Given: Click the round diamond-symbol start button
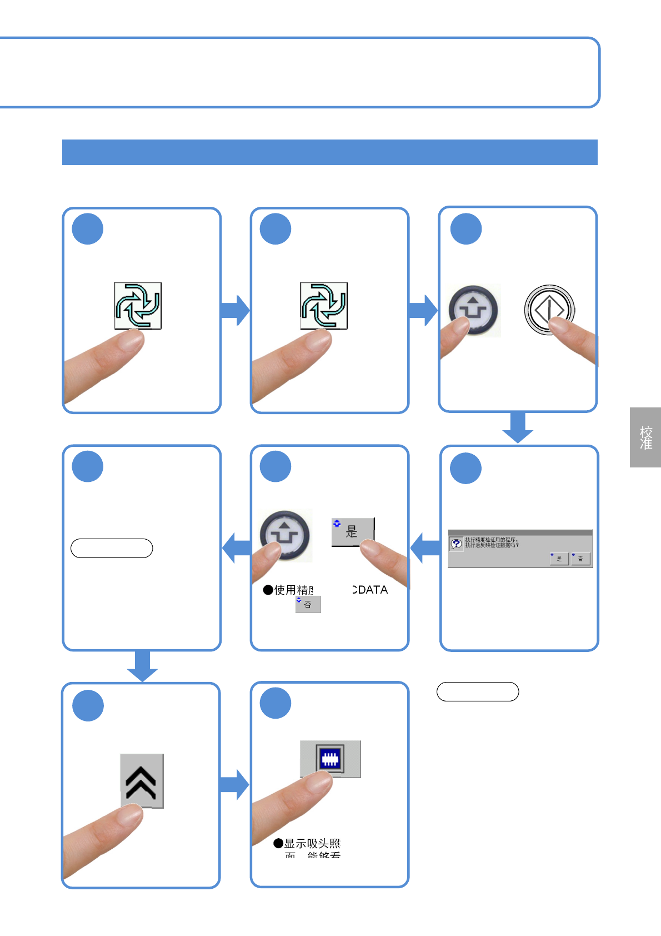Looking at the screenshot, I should coord(549,310).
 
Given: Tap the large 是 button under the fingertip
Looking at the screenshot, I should coord(353,531).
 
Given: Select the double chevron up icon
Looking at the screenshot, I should coord(142,781).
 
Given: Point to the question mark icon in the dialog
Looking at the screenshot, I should coord(457,544).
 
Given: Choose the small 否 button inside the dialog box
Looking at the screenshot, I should coord(580,558).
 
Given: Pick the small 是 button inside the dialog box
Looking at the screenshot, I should coord(559,558).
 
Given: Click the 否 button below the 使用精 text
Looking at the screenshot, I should coord(308,604).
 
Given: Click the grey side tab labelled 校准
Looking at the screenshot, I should coord(645,437).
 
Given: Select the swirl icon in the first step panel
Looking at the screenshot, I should coord(138,305).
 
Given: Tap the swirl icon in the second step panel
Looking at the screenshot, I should coord(324,305).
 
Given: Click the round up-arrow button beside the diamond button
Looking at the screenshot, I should coord(474,310).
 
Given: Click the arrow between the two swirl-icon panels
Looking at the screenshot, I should coord(236,310).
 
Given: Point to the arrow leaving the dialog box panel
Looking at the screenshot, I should coord(425,548).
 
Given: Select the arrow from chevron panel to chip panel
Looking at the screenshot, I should coord(234,784).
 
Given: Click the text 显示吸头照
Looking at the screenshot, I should coord(312,844).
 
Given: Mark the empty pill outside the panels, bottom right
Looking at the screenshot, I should coord(478,691).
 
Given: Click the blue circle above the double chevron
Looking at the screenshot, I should coord(88,705).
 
